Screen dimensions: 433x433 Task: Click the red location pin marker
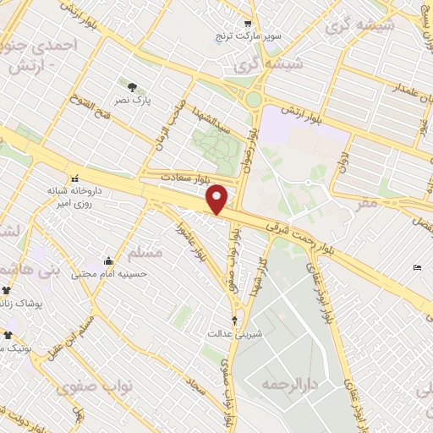(x=218, y=199)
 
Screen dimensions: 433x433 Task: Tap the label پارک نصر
(x=132, y=100)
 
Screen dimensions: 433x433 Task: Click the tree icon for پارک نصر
(x=132, y=86)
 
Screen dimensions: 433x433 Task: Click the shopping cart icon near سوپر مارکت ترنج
(x=247, y=25)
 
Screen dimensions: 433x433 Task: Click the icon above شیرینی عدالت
(x=235, y=319)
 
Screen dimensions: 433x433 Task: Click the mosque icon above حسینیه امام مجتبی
(x=108, y=260)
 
